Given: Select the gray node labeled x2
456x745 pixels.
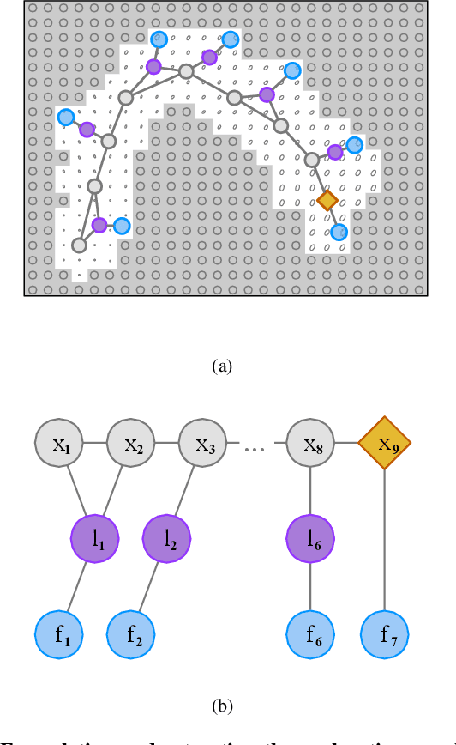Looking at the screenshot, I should pos(131,445).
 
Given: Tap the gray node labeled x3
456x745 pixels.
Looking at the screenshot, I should pos(203,445).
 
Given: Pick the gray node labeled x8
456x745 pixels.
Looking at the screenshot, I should pos(310,445).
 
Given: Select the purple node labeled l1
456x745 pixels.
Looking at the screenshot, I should pos(94,539).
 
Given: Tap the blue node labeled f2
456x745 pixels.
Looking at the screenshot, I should pos(131,637).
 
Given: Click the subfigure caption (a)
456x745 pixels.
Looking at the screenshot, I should pos(221,366).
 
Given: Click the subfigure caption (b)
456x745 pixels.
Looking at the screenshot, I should pos(221,706).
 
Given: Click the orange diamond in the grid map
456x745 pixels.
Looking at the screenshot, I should pos(327,201).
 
